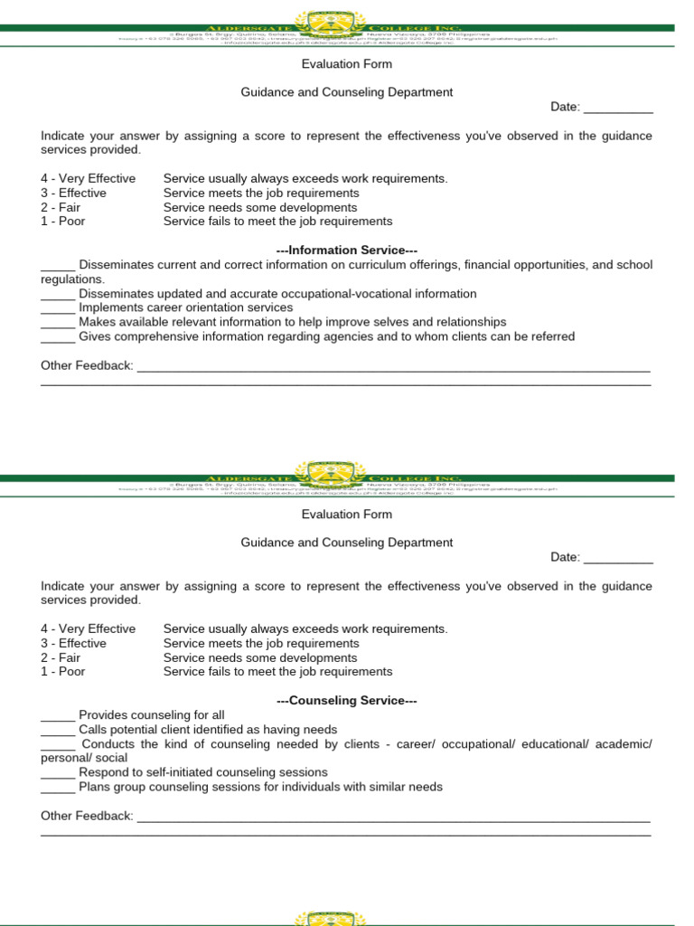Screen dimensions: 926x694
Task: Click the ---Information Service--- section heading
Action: (346, 250)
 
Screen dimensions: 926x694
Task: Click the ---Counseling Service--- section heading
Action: (346, 701)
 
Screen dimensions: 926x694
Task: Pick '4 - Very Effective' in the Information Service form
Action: (88, 178)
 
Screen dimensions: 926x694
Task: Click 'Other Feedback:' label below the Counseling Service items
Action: (87, 816)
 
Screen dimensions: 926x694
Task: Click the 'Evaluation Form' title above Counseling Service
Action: (346, 514)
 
